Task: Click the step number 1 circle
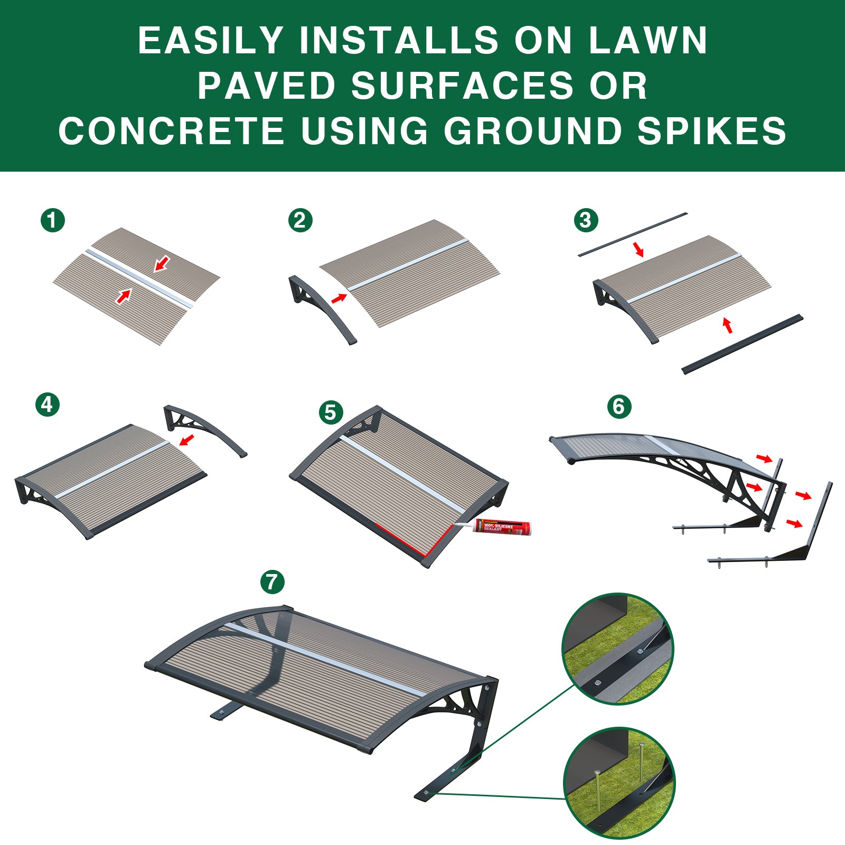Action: pyautogui.click(x=53, y=220)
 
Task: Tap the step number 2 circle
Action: pyautogui.click(x=301, y=220)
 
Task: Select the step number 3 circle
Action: pyautogui.click(x=586, y=220)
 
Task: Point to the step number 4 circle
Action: pyautogui.click(x=48, y=405)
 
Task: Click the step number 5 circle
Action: pyautogui.click(x=331, y=412)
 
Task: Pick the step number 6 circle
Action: pyautogui.click(x=619, y=407)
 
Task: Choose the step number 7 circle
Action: pyautogui.click(x=273, y=582)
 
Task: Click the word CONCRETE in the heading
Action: pyautogui.click(x=172, y=131)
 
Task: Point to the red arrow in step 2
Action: pyautogui.click(x=339, y=298)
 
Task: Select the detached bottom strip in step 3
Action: pyautogui.click(x=742, y=344)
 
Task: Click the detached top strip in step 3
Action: pyautogui.click(x=632, y=234)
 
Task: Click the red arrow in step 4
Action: pyautogui.click(x=186, y=439)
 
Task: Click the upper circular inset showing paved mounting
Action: pyautogui.click(x=617, y=648)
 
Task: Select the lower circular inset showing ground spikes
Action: pyautogui.click(x=619, y=783)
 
